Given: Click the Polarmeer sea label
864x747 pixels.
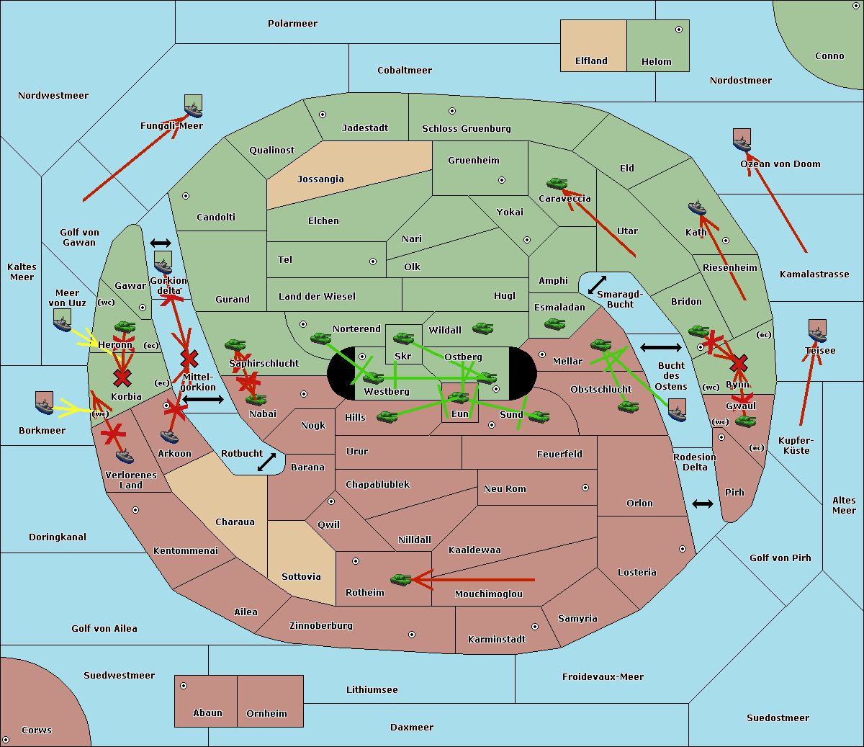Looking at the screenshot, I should coord(292,24).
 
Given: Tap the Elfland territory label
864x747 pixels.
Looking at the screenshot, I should coord(591,61).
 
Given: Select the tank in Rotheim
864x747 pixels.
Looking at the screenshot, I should coord(400,579).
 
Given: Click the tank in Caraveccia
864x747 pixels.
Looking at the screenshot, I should coord(557,184).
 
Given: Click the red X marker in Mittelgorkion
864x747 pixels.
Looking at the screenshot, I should coord(189,358).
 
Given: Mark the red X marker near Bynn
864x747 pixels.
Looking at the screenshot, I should coord(738,364).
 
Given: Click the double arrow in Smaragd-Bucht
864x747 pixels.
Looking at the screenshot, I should coord(598,285).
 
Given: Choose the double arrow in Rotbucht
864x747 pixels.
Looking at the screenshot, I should coord(267,462).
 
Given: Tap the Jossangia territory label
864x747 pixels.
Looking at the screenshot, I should coord(320,179).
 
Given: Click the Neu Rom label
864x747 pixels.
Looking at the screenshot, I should coord(505,489).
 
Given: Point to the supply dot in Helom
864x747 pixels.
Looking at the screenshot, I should coord(678,30).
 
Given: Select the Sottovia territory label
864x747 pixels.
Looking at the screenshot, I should coord(301,577).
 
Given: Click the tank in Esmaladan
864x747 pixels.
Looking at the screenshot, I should coord(554,324).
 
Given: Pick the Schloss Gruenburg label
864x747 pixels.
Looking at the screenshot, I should coord(466,129).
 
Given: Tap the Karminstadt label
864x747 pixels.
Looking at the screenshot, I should coord(497,640).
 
